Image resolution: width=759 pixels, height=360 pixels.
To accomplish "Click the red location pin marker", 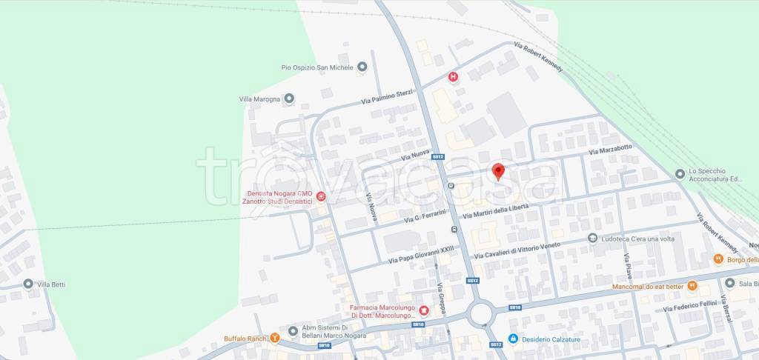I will pyautogui.click(x=499, y=171).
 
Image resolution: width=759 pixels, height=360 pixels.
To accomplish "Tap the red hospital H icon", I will pyautogui.click(x=453, y=76).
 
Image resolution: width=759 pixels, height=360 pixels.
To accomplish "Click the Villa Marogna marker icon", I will pyautogui.click(x=289, y=98).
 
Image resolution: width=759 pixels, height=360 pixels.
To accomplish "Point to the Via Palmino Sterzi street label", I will pyautogui.click(x=386, y=96).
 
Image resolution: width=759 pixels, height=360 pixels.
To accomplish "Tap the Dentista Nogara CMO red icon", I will pyautogui.click(x=321, y=196).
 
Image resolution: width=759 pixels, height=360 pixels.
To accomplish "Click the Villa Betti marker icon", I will pyautogui.click(x=28, y=284).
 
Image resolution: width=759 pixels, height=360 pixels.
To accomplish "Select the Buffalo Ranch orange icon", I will pyautogui.click(x=275, y=339).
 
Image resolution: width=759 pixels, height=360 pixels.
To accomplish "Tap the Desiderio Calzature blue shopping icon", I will pyautogui.click(x=512, y=339).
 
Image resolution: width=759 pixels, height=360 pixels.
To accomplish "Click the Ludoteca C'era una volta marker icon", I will pyautogui.click(x=592, y=238).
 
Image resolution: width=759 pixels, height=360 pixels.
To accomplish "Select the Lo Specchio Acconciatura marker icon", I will pyautogui.click(x=680, y=174).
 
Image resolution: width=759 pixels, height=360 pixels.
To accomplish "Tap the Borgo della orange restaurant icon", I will pyautogui.click(x=717, y=259).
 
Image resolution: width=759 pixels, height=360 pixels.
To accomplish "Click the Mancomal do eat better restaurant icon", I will pyautogui.click(x=692, y=285).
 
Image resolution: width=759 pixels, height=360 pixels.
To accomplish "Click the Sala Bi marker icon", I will pyautogui.click(x=729, y=283).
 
